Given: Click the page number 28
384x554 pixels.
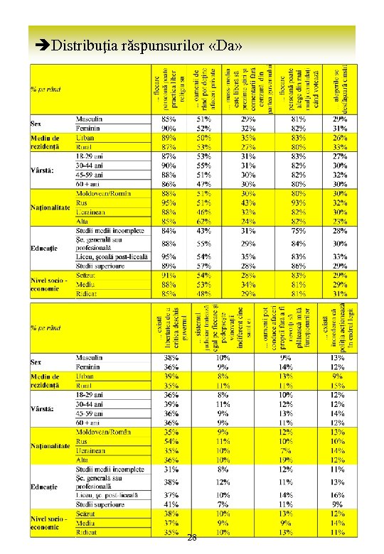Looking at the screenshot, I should [192, 538].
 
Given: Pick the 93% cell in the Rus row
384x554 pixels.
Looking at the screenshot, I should [298, 202].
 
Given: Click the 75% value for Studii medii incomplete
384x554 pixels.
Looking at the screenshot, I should [298, 231].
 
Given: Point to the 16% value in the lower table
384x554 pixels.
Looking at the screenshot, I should [337, 494].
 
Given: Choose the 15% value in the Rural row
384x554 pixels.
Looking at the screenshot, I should [337, 385].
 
